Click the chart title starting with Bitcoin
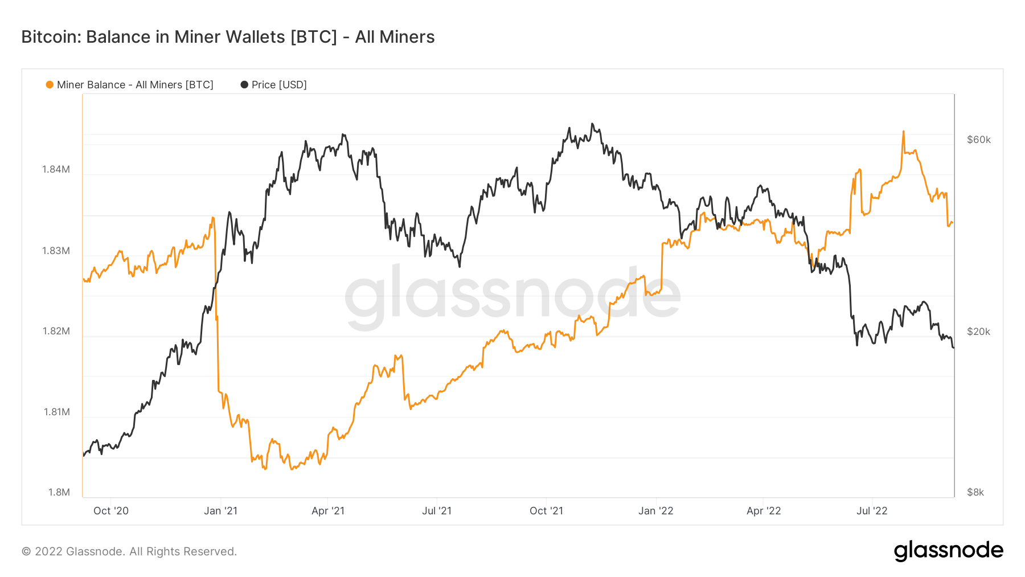(228, 37)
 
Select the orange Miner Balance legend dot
(50, 85)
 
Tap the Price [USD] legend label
(279, 85)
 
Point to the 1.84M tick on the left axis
(56, 169)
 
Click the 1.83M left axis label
(56, 251)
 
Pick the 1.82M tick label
(56, 331)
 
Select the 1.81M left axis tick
(56, 412)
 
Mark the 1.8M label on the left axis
(59, 492)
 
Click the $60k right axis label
(978, 140)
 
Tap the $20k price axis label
(978, 332)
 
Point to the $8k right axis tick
(975, 492)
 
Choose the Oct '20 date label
(111, 511)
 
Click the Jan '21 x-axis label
(220, 511)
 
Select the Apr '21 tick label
(328, 511)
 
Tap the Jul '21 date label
(437, 511)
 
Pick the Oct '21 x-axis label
(546, 511)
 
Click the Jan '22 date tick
(655, 511)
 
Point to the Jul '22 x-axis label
(872, 511)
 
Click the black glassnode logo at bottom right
(948, 551)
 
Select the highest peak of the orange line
(903, 132)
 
